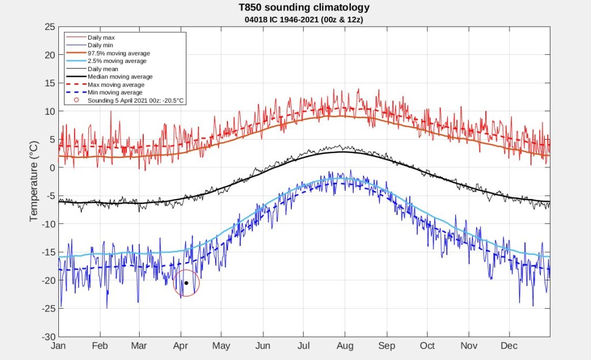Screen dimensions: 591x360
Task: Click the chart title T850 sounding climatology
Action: point(304,7)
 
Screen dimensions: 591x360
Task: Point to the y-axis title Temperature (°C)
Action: point(34,181)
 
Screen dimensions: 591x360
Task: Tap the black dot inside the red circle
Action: point(186,283)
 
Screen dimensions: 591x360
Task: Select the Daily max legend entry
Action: point(91,37)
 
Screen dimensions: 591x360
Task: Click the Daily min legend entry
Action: point(89,45)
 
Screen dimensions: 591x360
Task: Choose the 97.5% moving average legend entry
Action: point(108,53)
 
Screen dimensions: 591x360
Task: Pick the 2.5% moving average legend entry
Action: point(106,61)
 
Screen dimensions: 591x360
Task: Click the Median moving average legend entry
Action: point(109,77)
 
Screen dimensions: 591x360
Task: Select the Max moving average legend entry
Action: point(105,85)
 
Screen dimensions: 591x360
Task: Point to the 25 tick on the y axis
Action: point(50,27)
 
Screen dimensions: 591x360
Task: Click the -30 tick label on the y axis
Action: point(48,337)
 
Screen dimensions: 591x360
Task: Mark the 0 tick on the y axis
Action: point(53,167)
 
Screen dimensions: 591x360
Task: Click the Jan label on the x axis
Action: point(58,346)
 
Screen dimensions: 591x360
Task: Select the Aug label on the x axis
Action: point(345,346)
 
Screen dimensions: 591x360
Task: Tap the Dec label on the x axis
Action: point(509,346)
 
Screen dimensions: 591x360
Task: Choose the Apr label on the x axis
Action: point(181,346)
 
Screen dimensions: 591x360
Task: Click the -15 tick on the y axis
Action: point(48,252)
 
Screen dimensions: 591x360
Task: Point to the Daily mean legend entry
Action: point(92,69)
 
